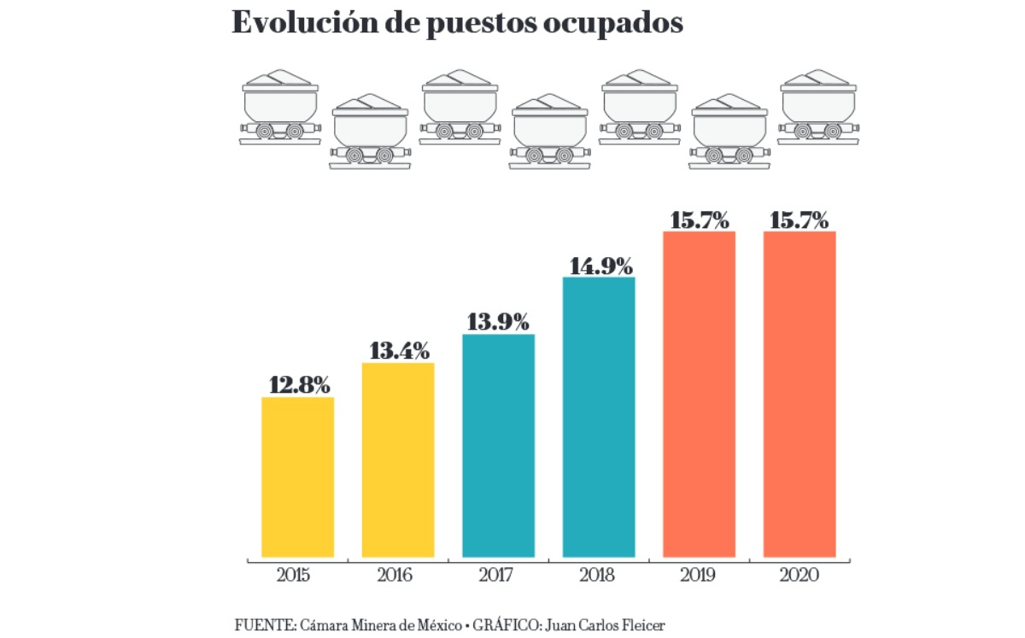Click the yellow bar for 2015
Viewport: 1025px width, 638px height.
tap(297, 477)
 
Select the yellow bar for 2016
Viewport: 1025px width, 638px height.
tap(398, 459)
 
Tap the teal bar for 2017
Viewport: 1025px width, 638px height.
tap(498, 445)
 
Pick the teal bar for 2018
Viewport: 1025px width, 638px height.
tap(599, 417)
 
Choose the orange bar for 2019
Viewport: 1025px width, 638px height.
tap(699, 394)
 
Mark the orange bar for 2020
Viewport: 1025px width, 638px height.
tap(799, 394)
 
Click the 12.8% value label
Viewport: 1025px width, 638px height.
tap(299, 385)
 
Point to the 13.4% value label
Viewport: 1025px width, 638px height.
tap(399, 351)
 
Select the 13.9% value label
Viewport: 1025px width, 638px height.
tap(498, 322)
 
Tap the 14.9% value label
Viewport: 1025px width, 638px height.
tap(599, 265)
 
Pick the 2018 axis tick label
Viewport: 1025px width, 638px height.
tap(598, 576)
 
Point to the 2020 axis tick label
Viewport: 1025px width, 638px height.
tap(799, 576)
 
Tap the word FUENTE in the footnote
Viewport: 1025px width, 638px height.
tap(263, 624)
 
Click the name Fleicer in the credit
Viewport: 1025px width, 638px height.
tap(641, 624)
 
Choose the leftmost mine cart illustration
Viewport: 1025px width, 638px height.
tap(280, 107)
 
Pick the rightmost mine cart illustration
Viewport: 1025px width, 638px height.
tap(818, 107)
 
